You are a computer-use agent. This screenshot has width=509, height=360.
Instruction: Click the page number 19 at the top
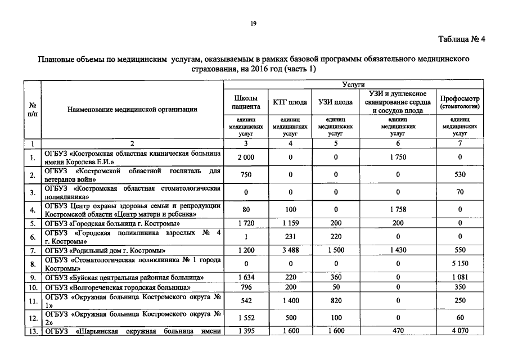[x=254, y=23]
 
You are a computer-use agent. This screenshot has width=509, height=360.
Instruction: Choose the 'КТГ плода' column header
[x=290, y=102]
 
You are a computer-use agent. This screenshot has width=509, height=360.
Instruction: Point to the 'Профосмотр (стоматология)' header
[x=460, y=102]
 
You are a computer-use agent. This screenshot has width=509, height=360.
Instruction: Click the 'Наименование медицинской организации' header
[x=133, y=109]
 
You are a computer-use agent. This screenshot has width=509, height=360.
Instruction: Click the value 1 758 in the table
[x=398, y=209]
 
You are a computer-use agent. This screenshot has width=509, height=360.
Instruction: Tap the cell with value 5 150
[x=460, y=263]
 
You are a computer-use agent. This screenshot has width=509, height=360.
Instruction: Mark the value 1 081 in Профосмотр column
[x=460, y=277]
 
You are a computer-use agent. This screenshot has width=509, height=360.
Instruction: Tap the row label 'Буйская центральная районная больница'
[x=124, y=277]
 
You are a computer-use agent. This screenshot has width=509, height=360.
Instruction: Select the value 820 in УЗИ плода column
[x=335, y=300]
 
